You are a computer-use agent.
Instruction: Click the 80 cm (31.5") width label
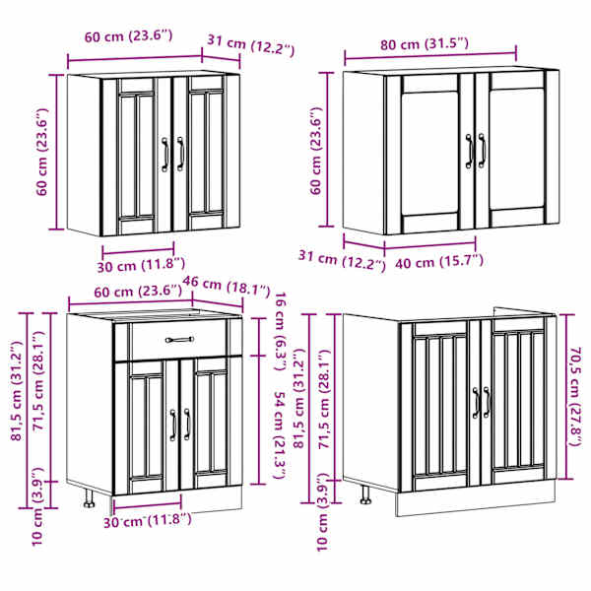tap(425, 44)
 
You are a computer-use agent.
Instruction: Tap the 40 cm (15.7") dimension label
tap(439, 262)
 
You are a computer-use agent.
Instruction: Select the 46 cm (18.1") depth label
tap(227, 286)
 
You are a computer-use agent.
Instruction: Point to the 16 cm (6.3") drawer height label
tap(281, 331)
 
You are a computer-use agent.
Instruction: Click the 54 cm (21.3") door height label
tap(280, 435)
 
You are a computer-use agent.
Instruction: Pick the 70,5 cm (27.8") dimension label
tap(575, 397)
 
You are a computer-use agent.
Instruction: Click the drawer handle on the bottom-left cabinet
tap(180, 340)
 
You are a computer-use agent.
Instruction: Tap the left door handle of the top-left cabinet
tap(164, 155)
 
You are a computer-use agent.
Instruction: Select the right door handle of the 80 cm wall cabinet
tap(482, 150)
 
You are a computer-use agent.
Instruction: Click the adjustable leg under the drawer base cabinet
tap(89, 498)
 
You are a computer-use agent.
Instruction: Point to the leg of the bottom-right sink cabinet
tap(364, 495)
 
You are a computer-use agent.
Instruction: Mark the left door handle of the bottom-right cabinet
tap(476, 403)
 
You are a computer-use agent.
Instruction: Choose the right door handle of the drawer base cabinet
tap(187, 425)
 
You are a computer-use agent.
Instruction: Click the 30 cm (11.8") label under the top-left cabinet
tap(141, 265)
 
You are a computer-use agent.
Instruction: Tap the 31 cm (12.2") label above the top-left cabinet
tap(250, 45)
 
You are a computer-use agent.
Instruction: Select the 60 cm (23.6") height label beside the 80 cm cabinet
tap(316, 151)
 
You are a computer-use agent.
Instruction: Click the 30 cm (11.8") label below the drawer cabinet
tap(148, 521)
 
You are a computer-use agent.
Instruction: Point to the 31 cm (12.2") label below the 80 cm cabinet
tap(342, 261)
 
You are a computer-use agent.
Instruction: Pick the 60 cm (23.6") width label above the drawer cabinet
tap(138, 292)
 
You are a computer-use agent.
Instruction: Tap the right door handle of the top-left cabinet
tap(180, 155)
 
